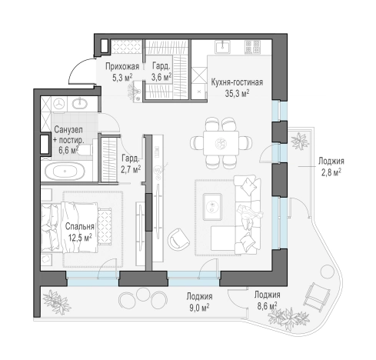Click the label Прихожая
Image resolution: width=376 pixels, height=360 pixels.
(x=122, y=66)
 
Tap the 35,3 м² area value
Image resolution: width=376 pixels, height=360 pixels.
(x=237, y=94)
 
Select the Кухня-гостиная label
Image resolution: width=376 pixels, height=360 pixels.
(x=237, y=82)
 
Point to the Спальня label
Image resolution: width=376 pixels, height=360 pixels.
(x=80, y=226)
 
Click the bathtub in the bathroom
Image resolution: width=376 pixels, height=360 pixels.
(x=65, y=171)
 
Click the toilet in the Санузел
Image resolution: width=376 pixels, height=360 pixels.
(x=85, y=150)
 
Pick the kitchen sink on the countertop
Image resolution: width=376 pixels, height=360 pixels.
(x=223, y=47)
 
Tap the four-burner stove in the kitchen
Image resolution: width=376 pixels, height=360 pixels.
(x=253, y=47)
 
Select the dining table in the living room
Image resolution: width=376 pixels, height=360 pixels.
(x=221, y=143)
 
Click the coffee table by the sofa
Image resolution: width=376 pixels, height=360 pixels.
(x=212, y=207)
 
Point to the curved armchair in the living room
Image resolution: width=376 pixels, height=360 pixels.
(x=178, y=239)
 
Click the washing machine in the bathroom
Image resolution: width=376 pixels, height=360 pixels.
(x=60, y=104)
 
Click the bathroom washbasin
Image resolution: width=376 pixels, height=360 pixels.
(x=80, y=103)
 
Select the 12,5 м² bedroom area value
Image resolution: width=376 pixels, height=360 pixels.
(x=80, y=238)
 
